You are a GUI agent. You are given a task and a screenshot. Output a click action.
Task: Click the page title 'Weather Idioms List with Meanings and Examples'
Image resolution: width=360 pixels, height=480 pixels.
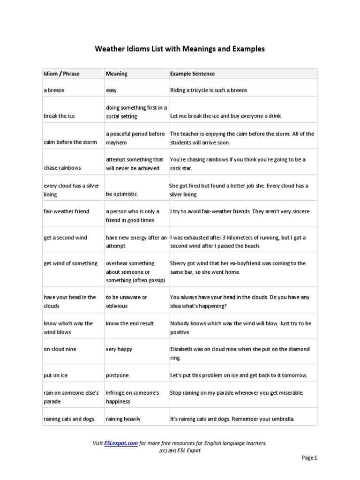[180, 49]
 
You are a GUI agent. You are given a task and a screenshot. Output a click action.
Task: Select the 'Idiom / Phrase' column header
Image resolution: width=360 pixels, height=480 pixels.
[61, 74]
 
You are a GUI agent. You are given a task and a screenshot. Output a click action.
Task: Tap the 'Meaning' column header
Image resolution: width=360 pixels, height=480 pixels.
[117, 74]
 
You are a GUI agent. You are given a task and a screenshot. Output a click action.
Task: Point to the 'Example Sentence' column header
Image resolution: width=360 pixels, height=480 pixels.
[192, 74]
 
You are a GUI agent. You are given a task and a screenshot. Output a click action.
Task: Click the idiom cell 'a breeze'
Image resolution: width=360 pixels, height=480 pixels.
[54, 90]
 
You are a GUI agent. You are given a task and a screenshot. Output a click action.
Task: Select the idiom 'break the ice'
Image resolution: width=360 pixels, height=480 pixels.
[59, 116]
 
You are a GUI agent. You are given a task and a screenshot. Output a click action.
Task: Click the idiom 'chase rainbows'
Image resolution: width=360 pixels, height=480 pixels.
[62, 168]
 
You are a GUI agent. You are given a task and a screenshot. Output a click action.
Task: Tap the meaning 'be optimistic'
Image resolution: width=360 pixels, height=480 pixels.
[121, 194]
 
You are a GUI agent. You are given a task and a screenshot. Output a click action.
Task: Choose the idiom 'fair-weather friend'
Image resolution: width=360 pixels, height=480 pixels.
[66, 211]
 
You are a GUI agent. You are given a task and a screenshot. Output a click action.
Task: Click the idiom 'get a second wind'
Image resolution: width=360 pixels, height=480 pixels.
[65, 238]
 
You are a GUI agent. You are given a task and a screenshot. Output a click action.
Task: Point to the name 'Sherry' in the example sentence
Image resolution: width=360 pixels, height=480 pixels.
[179, 263]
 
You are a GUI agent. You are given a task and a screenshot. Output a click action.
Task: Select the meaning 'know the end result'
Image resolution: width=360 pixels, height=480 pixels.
[130, 323]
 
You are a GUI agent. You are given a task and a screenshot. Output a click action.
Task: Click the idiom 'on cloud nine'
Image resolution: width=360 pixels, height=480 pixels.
[60, 349]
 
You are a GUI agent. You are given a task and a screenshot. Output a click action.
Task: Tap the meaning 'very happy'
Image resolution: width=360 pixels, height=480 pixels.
[119, 349]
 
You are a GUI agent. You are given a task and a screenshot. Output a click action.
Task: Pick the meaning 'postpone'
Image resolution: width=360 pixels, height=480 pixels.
[117, 375]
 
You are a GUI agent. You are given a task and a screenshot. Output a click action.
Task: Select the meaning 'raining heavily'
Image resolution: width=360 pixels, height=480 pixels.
[123, 419]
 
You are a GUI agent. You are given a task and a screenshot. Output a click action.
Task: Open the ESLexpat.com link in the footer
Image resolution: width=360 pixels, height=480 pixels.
[121, 443]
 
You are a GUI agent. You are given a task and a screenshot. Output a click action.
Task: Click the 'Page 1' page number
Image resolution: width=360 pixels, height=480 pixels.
[309, 457]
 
